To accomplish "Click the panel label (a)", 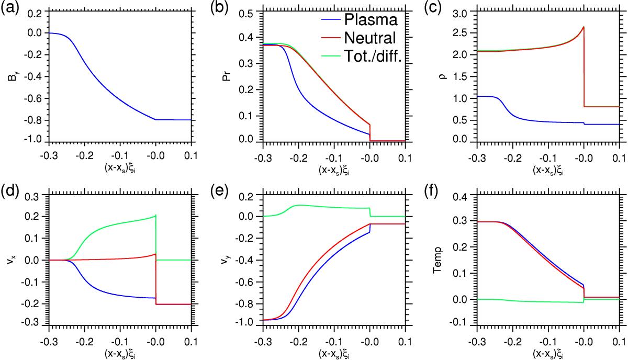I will [10, 8].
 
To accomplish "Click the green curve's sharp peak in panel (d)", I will [155, 216].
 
